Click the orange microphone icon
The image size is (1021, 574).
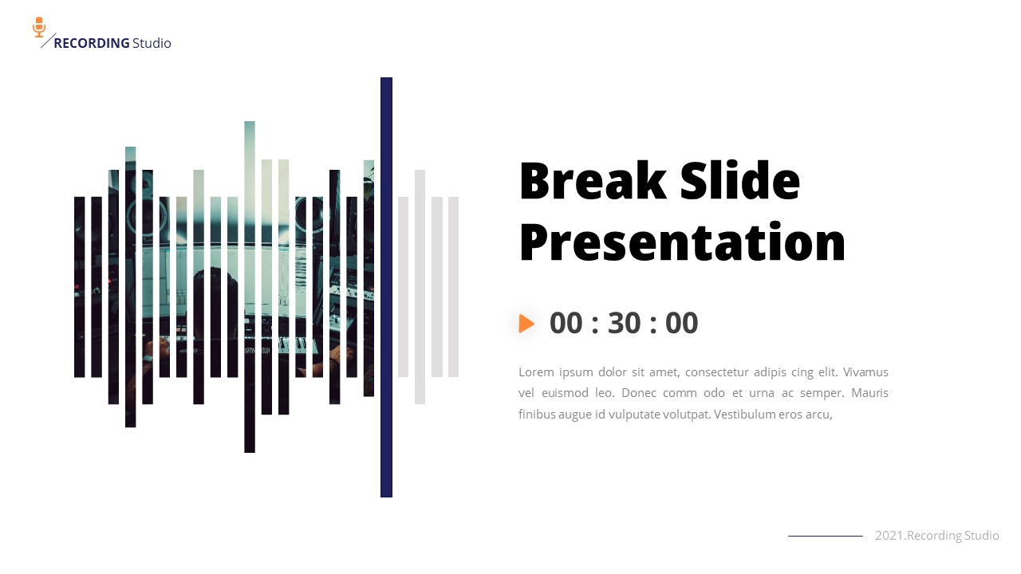(x=39, y=27)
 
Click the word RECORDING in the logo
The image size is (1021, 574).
(x=91, y=43)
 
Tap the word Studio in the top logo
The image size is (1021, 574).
(x=152, y=43)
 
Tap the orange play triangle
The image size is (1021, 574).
(x=526, y=324)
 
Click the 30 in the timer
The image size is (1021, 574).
(x=624, y=324)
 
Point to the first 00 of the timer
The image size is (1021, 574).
(x=566, y=324)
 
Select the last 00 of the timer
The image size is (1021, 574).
(x=681, y=324)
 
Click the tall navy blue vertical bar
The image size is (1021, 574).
(x=386, y=287)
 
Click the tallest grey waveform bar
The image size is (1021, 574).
(x=420, y=287)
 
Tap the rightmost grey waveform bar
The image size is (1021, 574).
(x=453, y=287)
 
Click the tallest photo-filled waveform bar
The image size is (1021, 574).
(x=250, y=287)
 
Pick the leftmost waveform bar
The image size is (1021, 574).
(x=79, y=287)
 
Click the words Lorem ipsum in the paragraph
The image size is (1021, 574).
(x=550, y=372)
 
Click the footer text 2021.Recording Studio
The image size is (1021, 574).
(x=936, y=536)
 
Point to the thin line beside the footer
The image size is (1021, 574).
(x=825, y=536)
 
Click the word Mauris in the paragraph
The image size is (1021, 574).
(x=869, y=393)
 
